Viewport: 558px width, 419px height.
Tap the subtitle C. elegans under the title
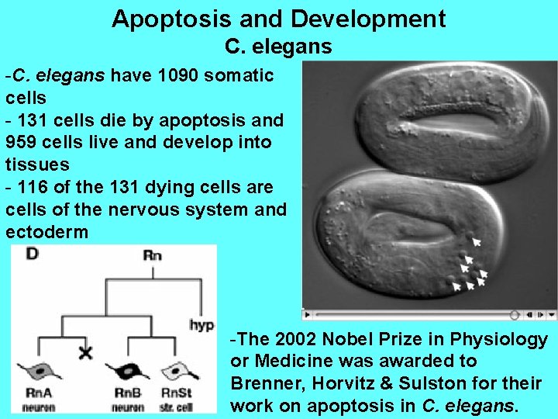pyautogui.click(x=278, y=47)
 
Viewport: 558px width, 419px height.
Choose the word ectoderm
pyautogui.click(x=46, y=232)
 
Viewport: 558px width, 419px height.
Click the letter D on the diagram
pyautogui.click(x=32, y=254)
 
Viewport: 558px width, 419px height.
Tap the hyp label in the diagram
pyautogui.click(x=201, y=325)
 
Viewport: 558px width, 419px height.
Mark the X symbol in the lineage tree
pyautogui.click(x=85, y=353)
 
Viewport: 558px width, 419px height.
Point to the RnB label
pyautogui.click(x=127, y=393)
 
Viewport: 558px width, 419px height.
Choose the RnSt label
pyautogui.click(x=176, y=393)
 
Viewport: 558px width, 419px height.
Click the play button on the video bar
pyautogui.click(x=308, y=315)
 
